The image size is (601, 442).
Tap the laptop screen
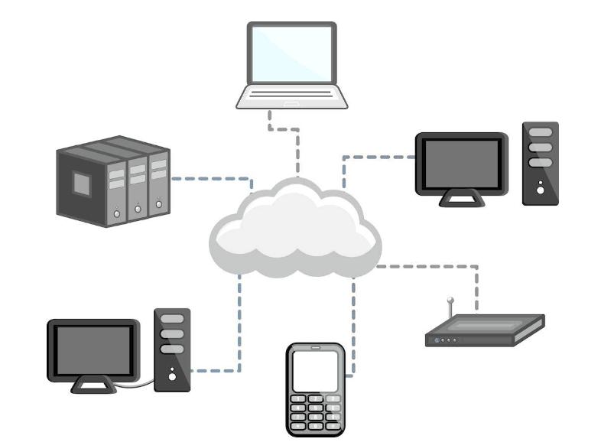(x=291, y=53)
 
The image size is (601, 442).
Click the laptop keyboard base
(x=291, y=97)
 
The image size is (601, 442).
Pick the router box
(x=485, y=331)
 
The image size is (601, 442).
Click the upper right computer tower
(x=540, y=163)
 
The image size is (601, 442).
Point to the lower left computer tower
(x=172, y=349)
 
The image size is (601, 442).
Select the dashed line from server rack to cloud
(x=210, y=180)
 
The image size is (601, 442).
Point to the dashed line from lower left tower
(x=239, y=336)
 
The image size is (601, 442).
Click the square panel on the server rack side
(x=82, y=182)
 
